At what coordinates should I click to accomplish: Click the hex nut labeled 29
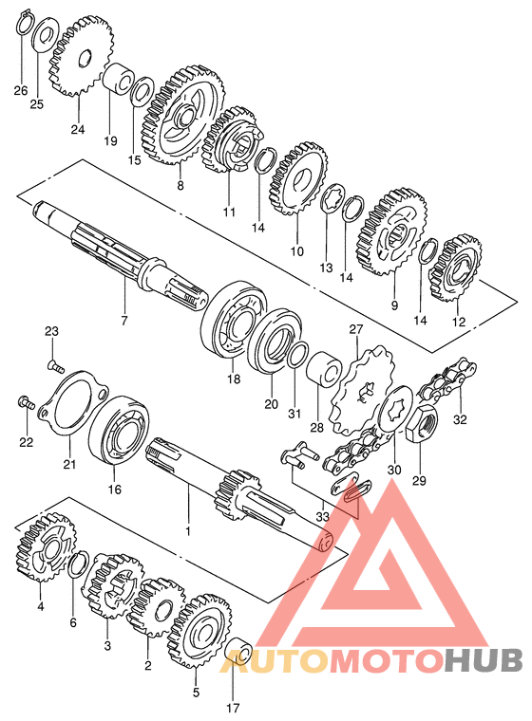point(420,423)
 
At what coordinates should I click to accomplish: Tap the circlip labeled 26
point(24,22)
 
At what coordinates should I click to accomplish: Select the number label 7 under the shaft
point(123,321)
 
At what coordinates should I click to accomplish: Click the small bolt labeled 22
point(26,403)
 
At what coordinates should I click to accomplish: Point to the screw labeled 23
point(55,365)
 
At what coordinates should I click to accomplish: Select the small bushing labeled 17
point(237,652)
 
